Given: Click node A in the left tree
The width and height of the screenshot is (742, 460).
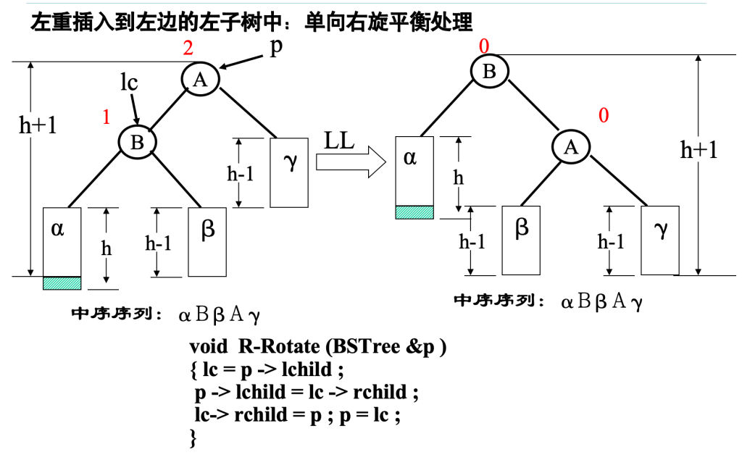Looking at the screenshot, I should (x=200, y=79).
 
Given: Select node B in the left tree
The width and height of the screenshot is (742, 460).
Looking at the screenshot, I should (x=137, y=142).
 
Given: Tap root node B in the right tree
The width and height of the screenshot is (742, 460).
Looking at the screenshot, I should (x=489, y=70).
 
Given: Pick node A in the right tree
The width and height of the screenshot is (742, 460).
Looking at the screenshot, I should (x=571, y=147).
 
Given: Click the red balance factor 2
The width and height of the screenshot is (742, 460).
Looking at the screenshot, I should (x=188, y=49).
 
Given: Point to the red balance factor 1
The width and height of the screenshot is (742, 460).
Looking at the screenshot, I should (x=107, y=117).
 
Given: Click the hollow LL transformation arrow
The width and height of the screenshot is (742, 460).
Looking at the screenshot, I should (x=351, y=161).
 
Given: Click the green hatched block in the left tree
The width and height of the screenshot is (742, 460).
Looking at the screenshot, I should (x=62, y=283).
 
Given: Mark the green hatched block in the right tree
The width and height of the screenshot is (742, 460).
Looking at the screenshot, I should (x=414, y=212).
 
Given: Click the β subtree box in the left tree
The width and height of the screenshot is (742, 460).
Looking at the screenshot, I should (x=207, y=242).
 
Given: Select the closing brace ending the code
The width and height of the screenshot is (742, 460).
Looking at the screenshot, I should (x=193, y=438).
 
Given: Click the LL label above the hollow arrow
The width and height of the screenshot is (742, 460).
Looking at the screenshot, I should (x=339, y=141).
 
